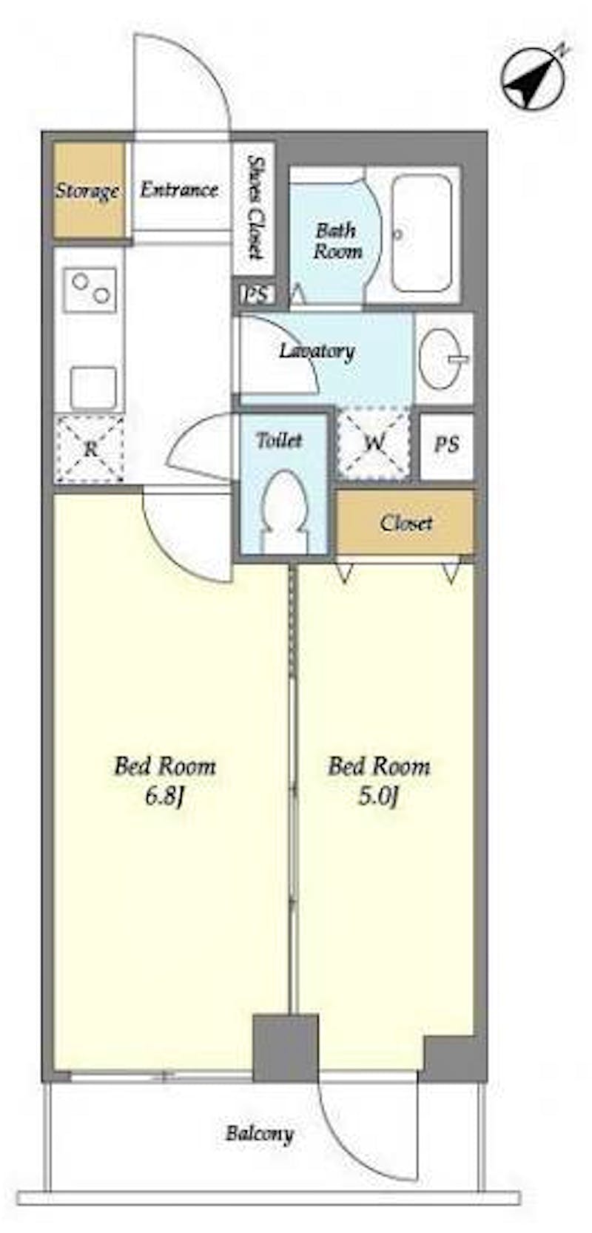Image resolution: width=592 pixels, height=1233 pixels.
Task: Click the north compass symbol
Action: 533,78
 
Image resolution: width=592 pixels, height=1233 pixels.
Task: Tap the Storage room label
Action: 87,192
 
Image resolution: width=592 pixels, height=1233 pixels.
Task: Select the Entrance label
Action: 180,190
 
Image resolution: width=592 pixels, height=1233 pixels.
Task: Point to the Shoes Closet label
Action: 254,207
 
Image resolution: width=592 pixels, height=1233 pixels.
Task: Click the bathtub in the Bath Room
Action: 422,234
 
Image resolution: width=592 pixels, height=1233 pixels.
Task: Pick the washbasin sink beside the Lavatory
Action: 442,358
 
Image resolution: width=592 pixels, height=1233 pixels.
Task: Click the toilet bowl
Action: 285,510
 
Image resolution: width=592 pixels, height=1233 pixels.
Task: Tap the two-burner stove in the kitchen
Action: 90,290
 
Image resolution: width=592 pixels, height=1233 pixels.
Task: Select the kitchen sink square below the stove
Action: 93,388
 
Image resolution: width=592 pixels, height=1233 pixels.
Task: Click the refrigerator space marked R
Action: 90,448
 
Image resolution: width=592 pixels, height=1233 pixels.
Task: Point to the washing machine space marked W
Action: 374,443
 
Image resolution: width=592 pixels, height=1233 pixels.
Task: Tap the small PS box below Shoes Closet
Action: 256,294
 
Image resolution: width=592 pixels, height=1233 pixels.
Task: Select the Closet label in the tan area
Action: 406,523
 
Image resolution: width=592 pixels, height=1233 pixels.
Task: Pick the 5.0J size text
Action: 378,797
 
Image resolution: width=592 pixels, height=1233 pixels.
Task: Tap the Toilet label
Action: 279,440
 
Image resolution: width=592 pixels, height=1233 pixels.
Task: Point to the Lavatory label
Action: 317,352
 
